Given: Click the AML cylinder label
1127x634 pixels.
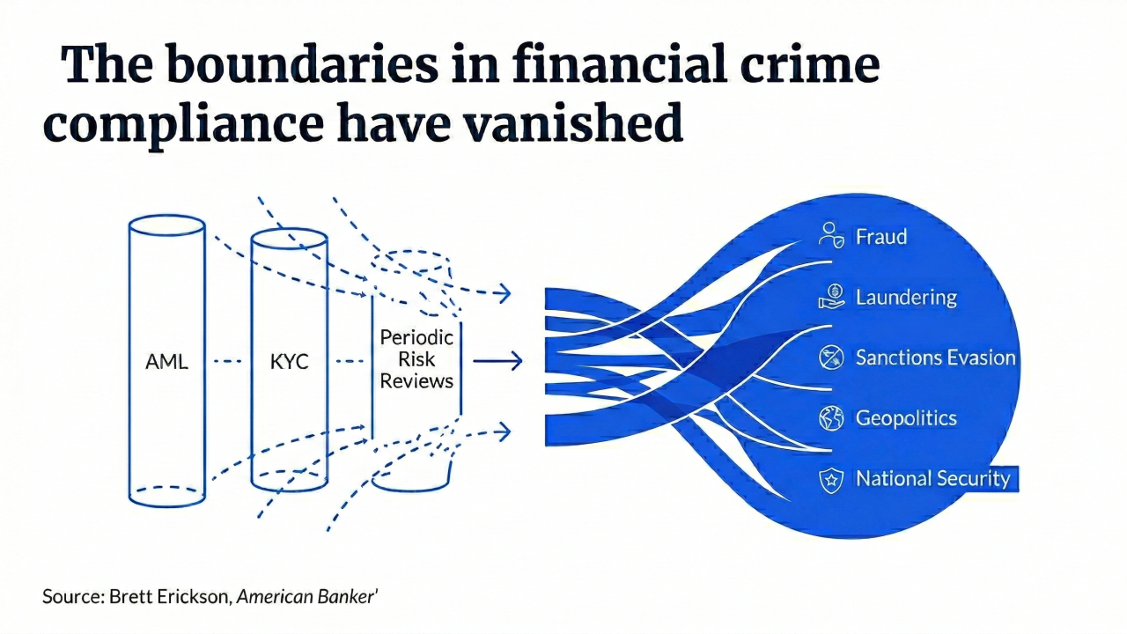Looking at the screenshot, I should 166,361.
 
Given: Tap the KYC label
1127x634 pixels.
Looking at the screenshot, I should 290,361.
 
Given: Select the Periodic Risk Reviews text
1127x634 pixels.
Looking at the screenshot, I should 416,359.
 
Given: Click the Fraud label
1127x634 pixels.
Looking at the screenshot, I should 880,237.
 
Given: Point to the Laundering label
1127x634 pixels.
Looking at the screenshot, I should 905,297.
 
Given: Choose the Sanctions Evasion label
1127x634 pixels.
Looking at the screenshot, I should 935,358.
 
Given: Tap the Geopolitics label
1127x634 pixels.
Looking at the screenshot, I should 905,418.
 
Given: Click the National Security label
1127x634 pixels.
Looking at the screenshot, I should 932,479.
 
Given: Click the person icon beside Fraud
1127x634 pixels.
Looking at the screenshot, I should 831,235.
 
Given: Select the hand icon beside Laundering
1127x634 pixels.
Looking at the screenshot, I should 831,297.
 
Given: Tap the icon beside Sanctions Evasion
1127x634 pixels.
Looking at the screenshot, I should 831,358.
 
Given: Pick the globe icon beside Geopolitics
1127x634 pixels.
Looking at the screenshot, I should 831,418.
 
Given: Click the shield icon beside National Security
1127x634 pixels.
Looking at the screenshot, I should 831,480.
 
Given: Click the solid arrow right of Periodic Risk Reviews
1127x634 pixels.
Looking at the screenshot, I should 497,360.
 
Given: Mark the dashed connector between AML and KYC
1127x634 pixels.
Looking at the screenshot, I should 227,360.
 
